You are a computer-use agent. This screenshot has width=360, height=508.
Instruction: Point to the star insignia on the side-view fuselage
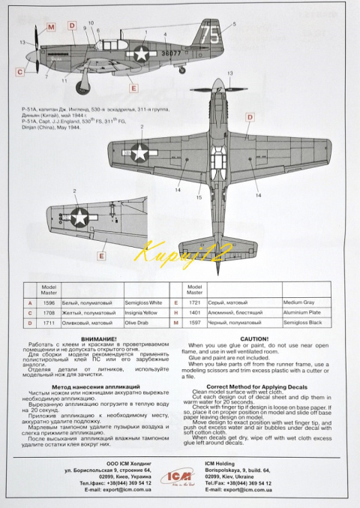141,52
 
